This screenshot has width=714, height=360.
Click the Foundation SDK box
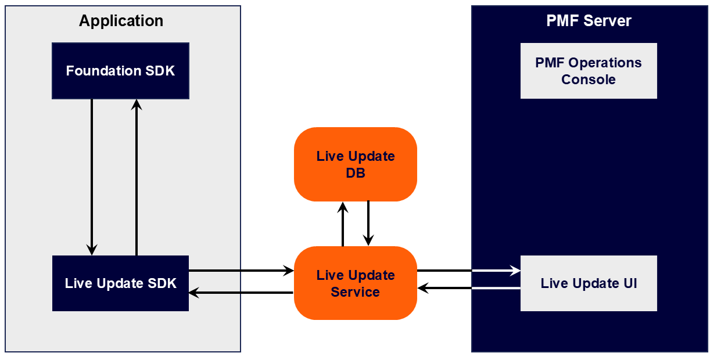(x=120, y=71)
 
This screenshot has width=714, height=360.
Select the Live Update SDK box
(x=120, y=283)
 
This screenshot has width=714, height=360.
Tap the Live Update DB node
(x=356, y=164)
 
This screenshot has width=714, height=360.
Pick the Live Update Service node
(x=356, y=283)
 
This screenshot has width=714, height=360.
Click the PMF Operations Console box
(x=589, y=71)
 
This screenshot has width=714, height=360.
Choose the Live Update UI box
(x=589, y=283)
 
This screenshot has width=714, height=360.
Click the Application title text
(x=121, y=21)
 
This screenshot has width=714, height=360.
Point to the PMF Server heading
(x=589, y=21)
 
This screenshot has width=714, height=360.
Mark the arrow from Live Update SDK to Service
(x=241, y=271)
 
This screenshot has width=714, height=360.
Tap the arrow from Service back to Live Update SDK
(x=241, y=293)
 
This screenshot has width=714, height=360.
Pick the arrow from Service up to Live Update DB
(x=343, y=224)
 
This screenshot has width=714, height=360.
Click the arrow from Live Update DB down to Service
(x=368, y=224)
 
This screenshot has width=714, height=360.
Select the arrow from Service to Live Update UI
(x=468, y=271)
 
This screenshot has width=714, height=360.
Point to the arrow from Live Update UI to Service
(x=468, y=287)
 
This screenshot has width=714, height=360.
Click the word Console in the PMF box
(x=589, y=80)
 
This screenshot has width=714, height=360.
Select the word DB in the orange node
(x=356, y=173)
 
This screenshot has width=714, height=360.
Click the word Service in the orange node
(x=356, y=292)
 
